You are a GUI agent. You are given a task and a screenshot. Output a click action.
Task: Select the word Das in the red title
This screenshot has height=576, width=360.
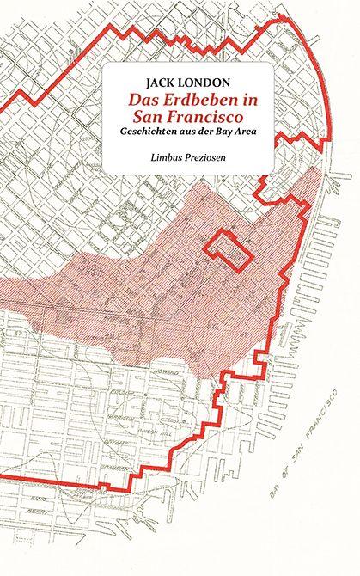140,101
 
